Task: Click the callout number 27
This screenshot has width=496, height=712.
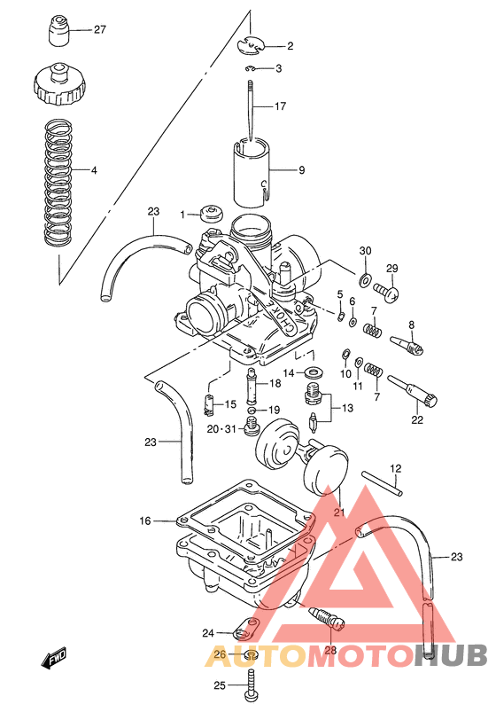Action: tap(99, 29)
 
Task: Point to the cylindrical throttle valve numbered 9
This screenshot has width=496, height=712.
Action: tap(251, 170)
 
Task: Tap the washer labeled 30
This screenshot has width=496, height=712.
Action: tap(365, 280)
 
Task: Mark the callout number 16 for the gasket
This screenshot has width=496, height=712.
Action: tap(146, 521)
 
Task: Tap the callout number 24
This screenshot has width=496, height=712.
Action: tap(208, 633)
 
